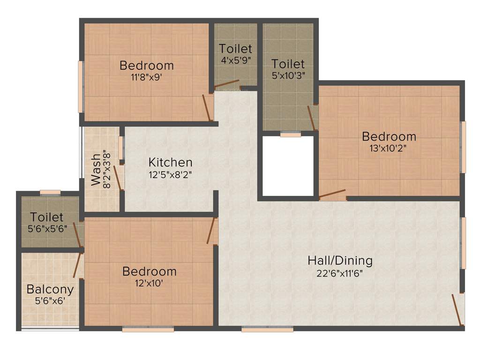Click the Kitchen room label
click(x=170, y=162)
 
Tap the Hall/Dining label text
click(x=340, y=260)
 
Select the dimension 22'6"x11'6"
click(x=340, y=273)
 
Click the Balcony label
click(x=50, y=289)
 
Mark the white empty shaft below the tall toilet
click(x=287, y=166)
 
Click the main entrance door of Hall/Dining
click(x=458, y=309)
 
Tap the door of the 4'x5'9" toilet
click(x=227, y=85)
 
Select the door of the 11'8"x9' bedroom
click(x=206, y=107)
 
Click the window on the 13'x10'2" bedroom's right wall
click(x=463, y=147)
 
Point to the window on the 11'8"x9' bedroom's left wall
click(x=81, y=86)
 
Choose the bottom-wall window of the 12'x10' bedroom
click(x=148, y=330)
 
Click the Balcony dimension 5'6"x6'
click(x=50, y=301)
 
